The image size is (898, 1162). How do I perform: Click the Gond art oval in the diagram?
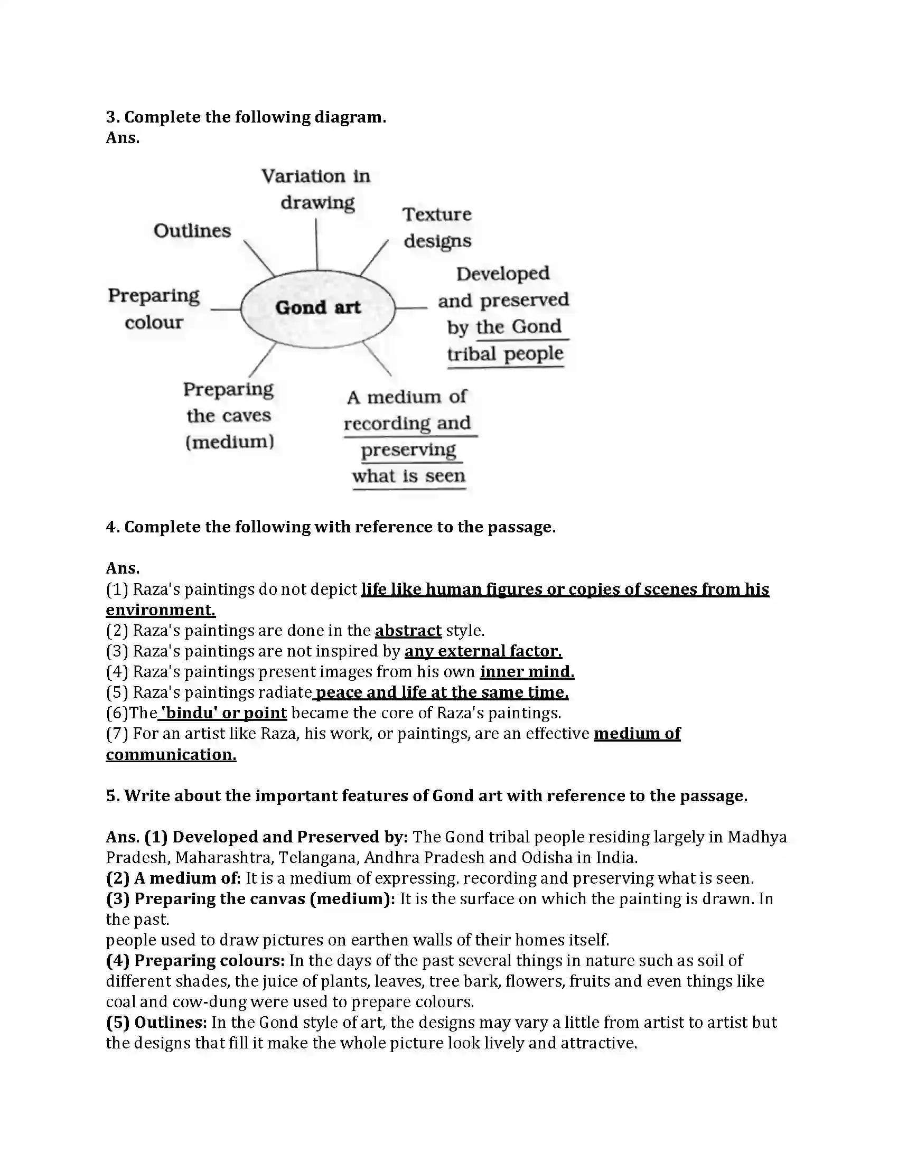point(317,308)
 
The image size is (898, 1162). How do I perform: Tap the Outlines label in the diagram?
point(192,231)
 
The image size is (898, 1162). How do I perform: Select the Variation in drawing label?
point(316,190)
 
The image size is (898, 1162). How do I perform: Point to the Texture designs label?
point(437,228)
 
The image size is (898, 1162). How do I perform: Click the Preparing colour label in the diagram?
point(154,308)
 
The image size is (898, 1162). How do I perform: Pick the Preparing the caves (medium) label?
point(229,416)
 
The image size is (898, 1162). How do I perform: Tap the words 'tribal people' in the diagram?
point(505,354)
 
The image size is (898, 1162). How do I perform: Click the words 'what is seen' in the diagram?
point(408,476)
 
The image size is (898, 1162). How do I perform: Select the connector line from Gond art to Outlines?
point(258,258)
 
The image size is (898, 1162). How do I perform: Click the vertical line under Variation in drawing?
point(316,245)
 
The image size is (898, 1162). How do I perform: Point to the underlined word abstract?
point(408,631)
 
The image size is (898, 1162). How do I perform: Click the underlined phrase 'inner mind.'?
point(527,672)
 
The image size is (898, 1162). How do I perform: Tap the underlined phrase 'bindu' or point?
point(223,713)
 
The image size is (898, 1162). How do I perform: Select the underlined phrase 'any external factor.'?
point(483,651)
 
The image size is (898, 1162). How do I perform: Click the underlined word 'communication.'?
point(171,754)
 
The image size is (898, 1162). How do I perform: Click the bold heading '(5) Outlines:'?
point(156,1022)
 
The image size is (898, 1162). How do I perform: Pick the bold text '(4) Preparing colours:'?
point(195,960)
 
